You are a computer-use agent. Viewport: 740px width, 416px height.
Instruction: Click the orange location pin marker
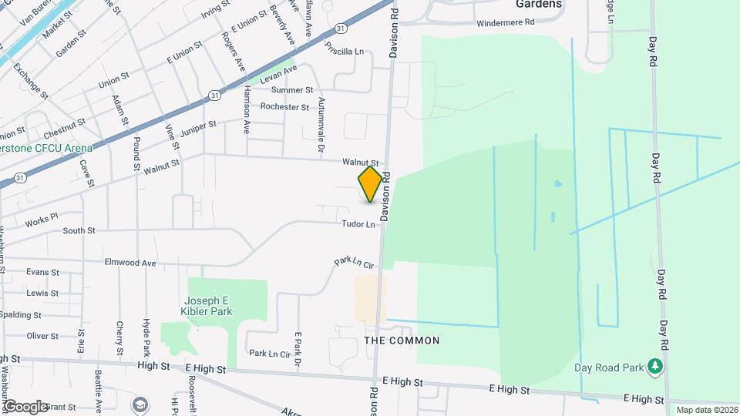click(371, 184)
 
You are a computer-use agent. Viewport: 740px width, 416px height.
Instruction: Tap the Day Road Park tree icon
click(655, 364)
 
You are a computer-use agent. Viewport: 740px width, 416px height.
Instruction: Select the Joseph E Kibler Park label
click(208, 306)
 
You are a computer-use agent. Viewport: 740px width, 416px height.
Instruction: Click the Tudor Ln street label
click(359, 224)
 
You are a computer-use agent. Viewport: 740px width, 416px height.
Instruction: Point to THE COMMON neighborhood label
click(402, 341)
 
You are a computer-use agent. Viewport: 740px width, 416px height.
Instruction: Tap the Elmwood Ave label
click(136, 263)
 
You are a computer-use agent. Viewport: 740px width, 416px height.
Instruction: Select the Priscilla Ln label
click(344, 52)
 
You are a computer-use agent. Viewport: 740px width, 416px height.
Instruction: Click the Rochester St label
click(284, 107)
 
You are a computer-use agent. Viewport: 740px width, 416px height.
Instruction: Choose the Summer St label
click(292, 90)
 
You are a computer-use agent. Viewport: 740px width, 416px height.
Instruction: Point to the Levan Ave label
click(278, 74)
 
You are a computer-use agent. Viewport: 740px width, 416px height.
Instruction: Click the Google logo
click(25, 406)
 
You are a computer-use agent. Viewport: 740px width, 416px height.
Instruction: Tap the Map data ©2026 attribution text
click(707, 410)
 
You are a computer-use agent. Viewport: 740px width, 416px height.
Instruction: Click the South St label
click(79, 230)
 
